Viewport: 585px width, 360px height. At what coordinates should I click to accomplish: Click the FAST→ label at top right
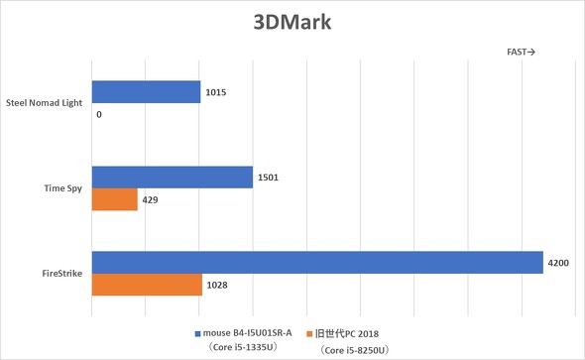(521, 53)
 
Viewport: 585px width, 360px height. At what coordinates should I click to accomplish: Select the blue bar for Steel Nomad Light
(146, 92)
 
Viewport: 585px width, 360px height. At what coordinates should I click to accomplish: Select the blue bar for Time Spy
(172, 178)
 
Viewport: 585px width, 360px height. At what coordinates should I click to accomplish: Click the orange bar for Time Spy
(114, 199)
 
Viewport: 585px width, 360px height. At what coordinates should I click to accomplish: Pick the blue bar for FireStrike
(317, 262)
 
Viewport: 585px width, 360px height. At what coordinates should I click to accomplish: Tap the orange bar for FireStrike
(147, 285)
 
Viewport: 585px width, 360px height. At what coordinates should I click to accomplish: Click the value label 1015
(217, 92)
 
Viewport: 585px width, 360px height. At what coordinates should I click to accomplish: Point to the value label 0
(100, 115)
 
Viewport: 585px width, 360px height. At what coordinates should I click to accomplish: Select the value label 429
(151, 199)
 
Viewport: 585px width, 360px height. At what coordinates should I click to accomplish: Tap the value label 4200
(558, 262)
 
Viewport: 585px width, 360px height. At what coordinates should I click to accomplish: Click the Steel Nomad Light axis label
(45, 101)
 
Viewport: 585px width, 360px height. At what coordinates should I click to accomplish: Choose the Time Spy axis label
(61, 186)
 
